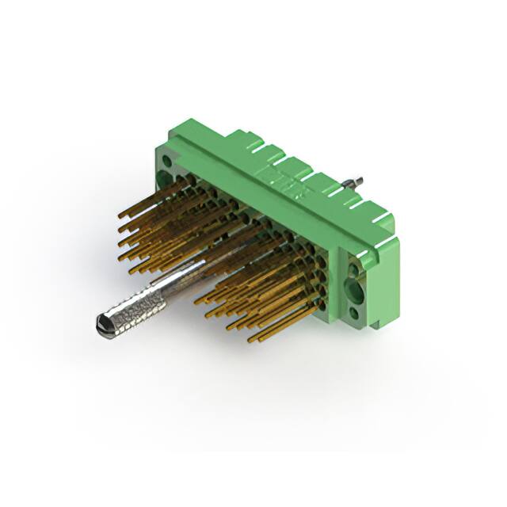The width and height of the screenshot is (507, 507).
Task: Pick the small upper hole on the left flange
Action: pyautogui.click(x=166, y=159)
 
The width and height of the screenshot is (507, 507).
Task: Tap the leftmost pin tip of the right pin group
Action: pyautogui.click(x=196, y=302)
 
